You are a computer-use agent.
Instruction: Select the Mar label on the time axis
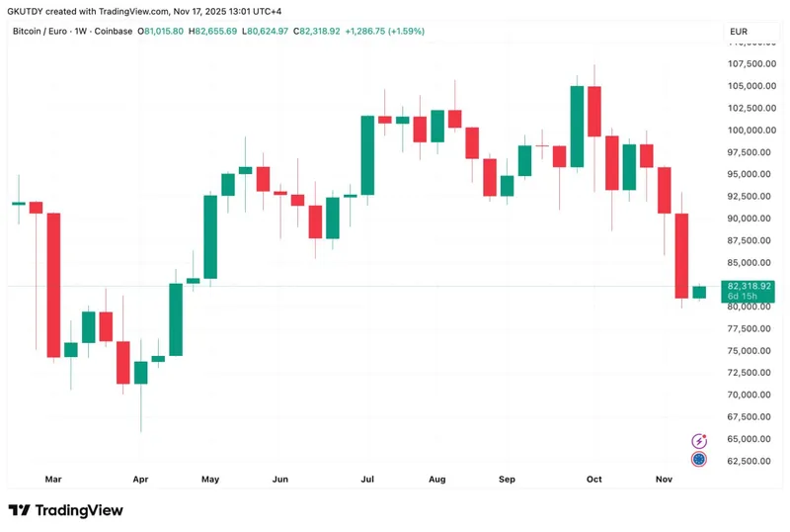(53, 480)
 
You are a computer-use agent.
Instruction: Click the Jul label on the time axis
(367, 480)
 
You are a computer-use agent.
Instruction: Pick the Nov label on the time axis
(664, 480)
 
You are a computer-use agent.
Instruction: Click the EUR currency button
(739, 32)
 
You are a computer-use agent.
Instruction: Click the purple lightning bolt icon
(699, 441)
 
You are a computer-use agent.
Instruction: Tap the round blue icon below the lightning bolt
(699, 459)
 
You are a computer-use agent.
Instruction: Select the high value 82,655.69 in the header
(216, 32)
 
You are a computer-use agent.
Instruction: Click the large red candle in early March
(53, 285)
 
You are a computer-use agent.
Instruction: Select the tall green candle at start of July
(367, 155)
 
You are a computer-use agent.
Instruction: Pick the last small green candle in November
(699, 292)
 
